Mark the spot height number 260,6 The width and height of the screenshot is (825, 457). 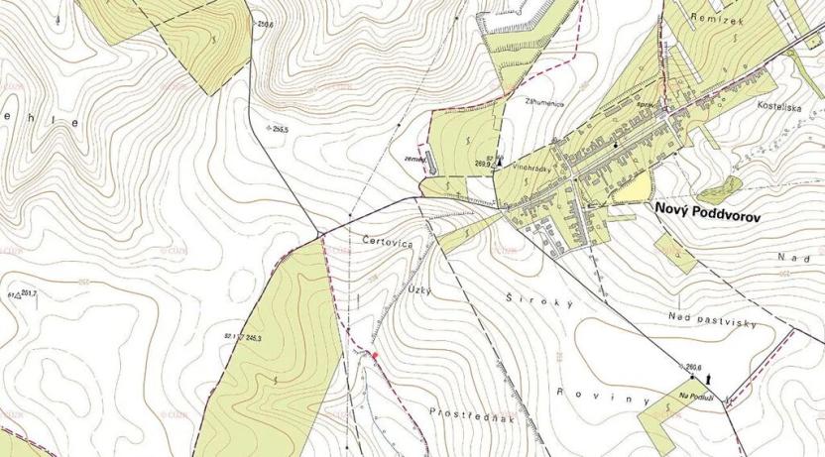(694, 368)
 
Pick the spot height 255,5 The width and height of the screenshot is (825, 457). (287, 130)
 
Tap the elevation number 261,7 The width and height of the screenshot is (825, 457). (28, 293)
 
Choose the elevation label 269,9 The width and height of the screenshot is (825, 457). (484, 164)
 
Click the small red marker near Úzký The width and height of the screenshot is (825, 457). (375, 354)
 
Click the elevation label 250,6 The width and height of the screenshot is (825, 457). (265, 22)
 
